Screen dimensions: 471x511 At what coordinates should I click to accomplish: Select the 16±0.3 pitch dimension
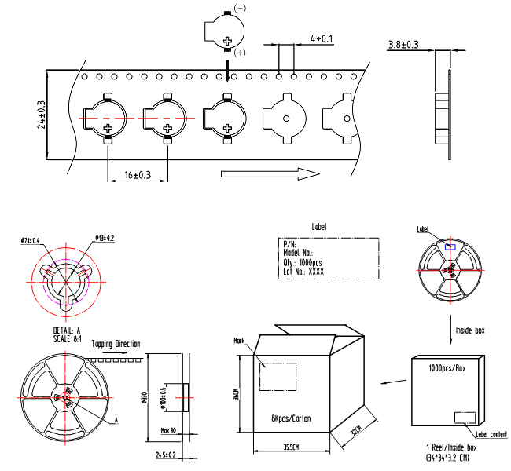138,175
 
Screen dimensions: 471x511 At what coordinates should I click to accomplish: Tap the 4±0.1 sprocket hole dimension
322,38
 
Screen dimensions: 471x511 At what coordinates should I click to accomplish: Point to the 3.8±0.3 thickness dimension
403,45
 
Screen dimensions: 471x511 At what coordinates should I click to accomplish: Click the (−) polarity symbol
240,8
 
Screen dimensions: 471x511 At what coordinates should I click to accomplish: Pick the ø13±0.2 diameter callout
105,238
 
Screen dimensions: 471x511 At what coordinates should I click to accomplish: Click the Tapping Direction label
116,344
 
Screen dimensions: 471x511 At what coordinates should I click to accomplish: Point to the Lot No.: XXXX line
303,272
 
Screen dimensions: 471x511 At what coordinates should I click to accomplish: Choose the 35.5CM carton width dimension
292,447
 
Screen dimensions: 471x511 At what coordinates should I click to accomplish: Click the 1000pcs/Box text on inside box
449,367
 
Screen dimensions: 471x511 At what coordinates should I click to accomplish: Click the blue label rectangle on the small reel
450,246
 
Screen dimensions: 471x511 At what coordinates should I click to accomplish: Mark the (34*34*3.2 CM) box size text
448,457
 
